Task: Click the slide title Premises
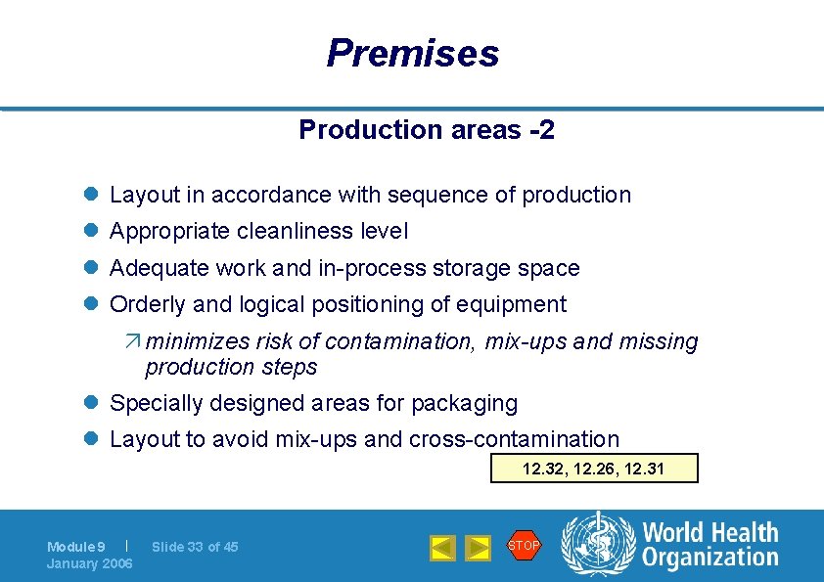coord(412,53)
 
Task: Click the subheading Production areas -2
coord(427,130)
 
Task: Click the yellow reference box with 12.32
coord(593,469)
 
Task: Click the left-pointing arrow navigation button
coord(442,548)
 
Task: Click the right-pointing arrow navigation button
coord(478,548)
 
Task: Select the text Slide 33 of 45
coord(195,547)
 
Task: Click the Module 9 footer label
coord(75,547)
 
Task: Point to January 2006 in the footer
coord(89,563)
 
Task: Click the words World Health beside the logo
coord(710,533)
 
